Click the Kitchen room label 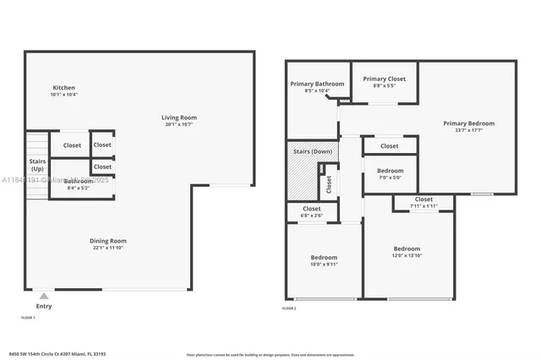pos(64,88)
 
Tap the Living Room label pos(179,117)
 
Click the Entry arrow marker pos(43,296)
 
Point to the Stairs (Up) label pos(37,164)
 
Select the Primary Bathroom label pos(317,84)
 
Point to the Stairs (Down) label pos(313,151)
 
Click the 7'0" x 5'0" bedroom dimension pos(390,177)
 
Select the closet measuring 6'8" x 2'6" pos(312,215)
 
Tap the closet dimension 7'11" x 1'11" pos(424,206)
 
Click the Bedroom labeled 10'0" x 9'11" pos(323,258)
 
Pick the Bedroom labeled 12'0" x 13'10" pos(407,248)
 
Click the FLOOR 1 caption pos(28,318)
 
